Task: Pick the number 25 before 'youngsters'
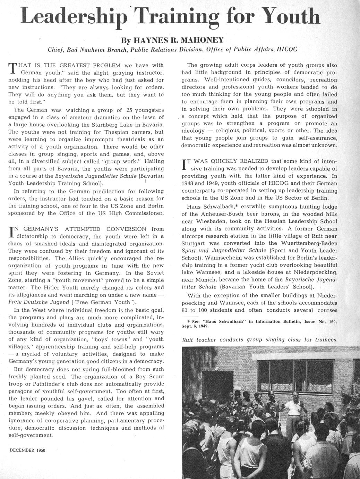(129, 110)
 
